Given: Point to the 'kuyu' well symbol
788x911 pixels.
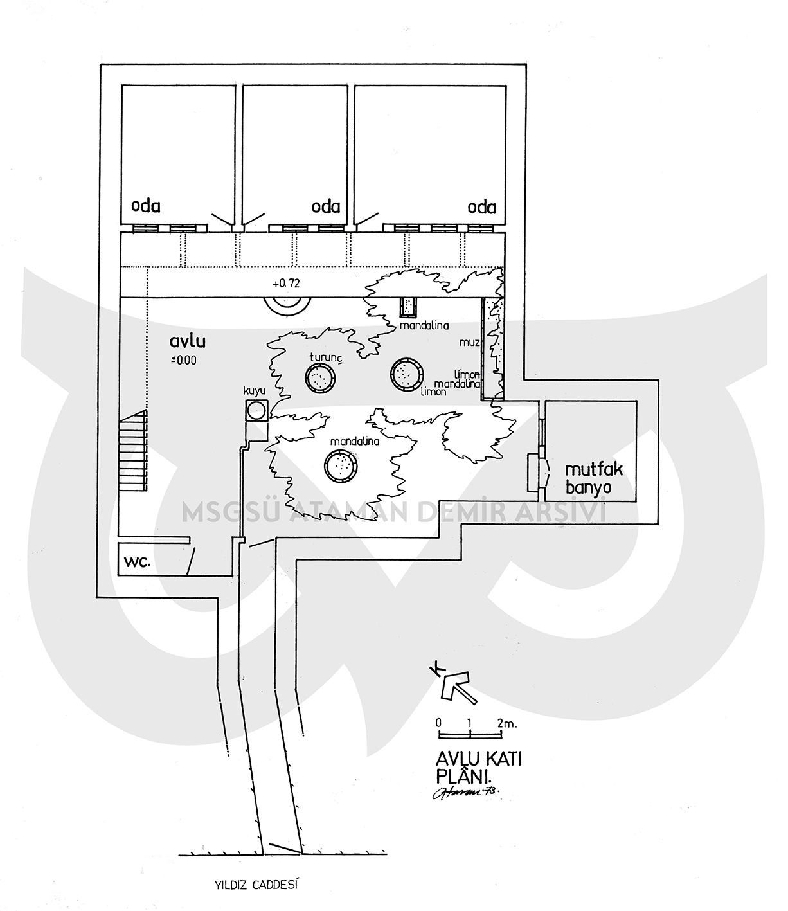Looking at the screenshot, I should (257, 410).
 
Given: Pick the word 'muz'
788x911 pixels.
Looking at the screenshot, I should (470, 343).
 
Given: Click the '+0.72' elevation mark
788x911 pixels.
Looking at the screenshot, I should (287, 283).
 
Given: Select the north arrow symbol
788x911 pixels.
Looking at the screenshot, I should (455, 685).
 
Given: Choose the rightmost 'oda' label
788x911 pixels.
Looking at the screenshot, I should (482, 207).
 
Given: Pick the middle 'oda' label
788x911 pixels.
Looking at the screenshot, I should (325, 207).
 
